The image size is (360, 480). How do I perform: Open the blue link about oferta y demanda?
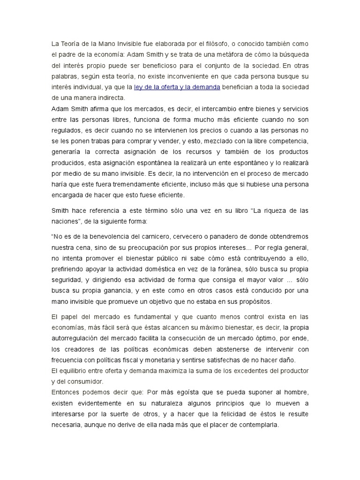[x=177, y=87]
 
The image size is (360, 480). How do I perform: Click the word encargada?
[x=67, y=195]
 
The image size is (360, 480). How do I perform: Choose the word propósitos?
[x=254, y=301]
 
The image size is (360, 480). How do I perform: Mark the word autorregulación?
[x=78, y=338]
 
